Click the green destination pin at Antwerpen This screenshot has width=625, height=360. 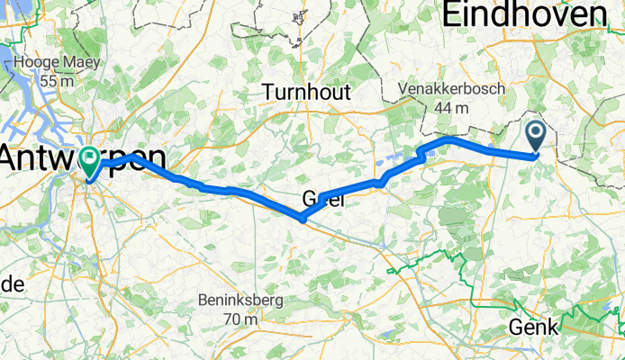91,162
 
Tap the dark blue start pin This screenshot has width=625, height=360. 535,137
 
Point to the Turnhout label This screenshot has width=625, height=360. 307,92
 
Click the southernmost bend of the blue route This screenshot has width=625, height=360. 302,217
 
